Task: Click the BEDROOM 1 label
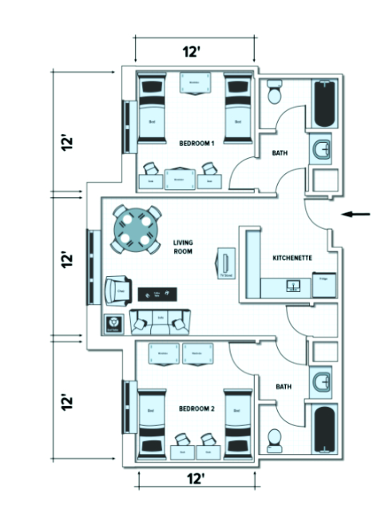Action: coord(196,143)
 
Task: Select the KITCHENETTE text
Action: coord(292,258)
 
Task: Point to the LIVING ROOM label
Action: coord(183,247)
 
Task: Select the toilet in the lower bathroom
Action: coord(274,438)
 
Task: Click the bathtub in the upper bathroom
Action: coord(324,105)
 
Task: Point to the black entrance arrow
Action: coord(357,214)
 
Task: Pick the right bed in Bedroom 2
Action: coord(236,423)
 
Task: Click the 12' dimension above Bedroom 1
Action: coord(191,52)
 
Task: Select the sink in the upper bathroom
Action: coord(323,149)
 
